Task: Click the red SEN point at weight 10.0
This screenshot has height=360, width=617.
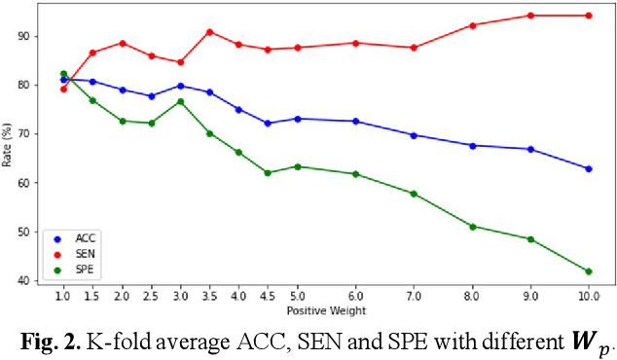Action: pos(588,16)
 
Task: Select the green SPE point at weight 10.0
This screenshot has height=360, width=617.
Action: pos(588,271)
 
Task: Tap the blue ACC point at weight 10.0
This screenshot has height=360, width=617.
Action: pos(588,168)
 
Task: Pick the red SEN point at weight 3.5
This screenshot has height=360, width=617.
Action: pos(209,32)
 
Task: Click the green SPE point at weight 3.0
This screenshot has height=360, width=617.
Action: pos(180,101)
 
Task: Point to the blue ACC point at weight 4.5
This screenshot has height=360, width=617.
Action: pos(268,124)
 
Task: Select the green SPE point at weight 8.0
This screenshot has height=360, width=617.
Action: pos(472,227)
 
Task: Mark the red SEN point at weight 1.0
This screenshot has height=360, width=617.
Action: pos(63,89)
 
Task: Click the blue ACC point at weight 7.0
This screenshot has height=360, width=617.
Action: pos(414,135)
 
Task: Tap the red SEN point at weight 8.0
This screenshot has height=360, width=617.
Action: pos(472,25)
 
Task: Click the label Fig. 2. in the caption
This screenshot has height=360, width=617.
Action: pos(50,340)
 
